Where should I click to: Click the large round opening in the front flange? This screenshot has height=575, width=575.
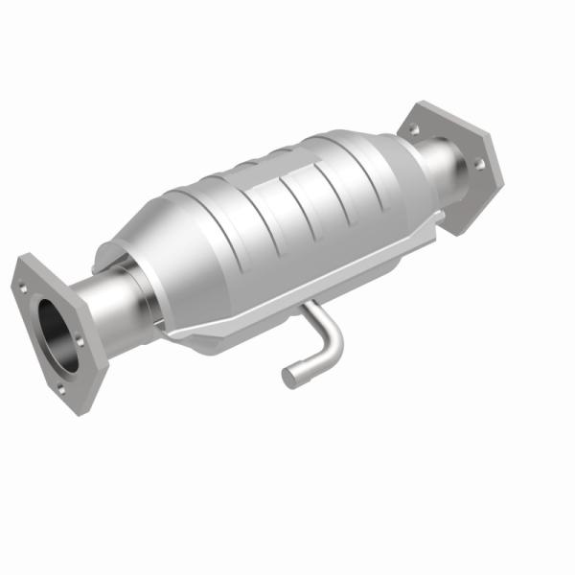tap(57, 335)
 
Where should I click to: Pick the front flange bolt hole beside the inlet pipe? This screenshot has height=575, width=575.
tap(80, 340)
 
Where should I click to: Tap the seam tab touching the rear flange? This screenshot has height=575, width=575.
tap(436, 222)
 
